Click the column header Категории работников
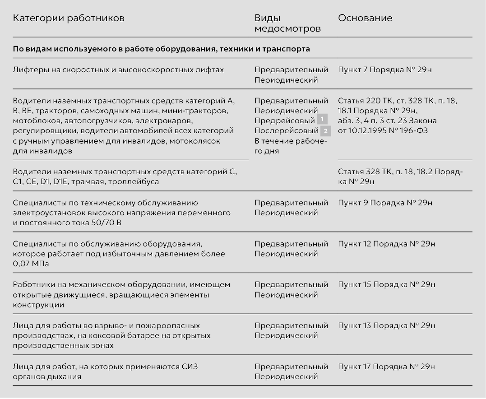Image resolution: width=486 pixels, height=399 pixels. click(69, 19)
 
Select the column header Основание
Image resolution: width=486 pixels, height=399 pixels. click(365, 19)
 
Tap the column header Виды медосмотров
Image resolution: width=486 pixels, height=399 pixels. click(287, 23)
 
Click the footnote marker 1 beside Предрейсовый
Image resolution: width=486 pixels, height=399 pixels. click(322, 120)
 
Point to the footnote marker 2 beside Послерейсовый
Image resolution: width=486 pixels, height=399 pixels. click(325, 131)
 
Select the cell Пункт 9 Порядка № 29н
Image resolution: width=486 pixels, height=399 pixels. click(386, 203)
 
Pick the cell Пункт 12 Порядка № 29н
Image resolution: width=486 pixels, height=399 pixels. click(387, 244)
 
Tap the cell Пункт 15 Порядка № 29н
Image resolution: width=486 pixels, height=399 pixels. click(387, 285)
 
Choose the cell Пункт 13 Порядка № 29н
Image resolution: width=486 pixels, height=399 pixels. click(387, 326)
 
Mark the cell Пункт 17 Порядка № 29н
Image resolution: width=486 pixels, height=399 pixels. click(387, 367)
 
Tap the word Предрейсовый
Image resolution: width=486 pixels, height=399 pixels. click(285, 121)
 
